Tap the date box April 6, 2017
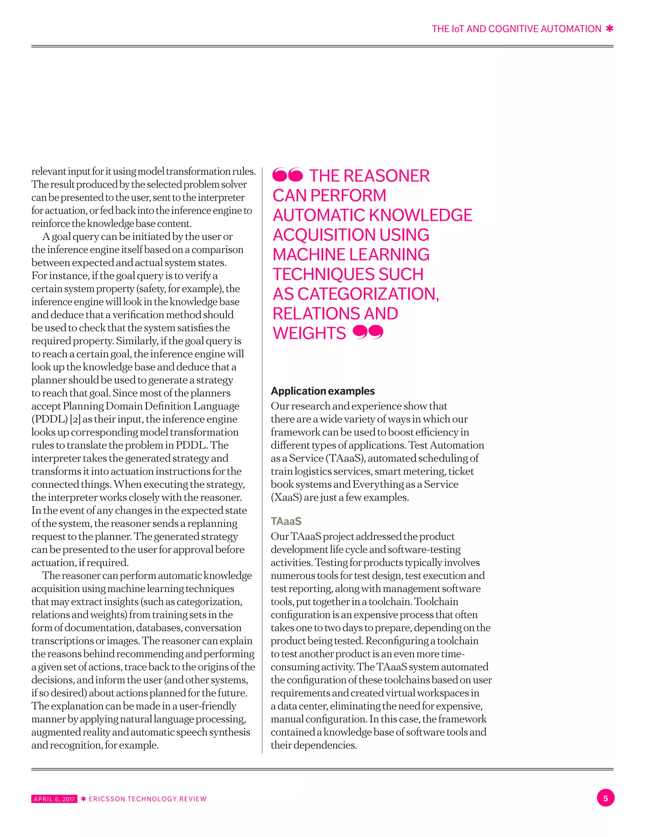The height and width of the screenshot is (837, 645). (x=54, y=799)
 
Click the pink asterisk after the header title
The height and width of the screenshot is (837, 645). (x=609, y=29)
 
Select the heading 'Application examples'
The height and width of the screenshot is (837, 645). (x=323, y=391)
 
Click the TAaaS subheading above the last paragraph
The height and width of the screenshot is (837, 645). (x=286, y=521)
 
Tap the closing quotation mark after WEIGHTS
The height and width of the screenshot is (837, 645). (x=368, y=332)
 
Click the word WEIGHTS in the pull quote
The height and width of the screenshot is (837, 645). (x=309, y=333)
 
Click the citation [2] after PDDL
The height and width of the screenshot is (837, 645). (x=75, y=419)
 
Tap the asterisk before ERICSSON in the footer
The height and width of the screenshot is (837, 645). (x=83, y=799)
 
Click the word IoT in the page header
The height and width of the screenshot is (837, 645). (x=458, y=29)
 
